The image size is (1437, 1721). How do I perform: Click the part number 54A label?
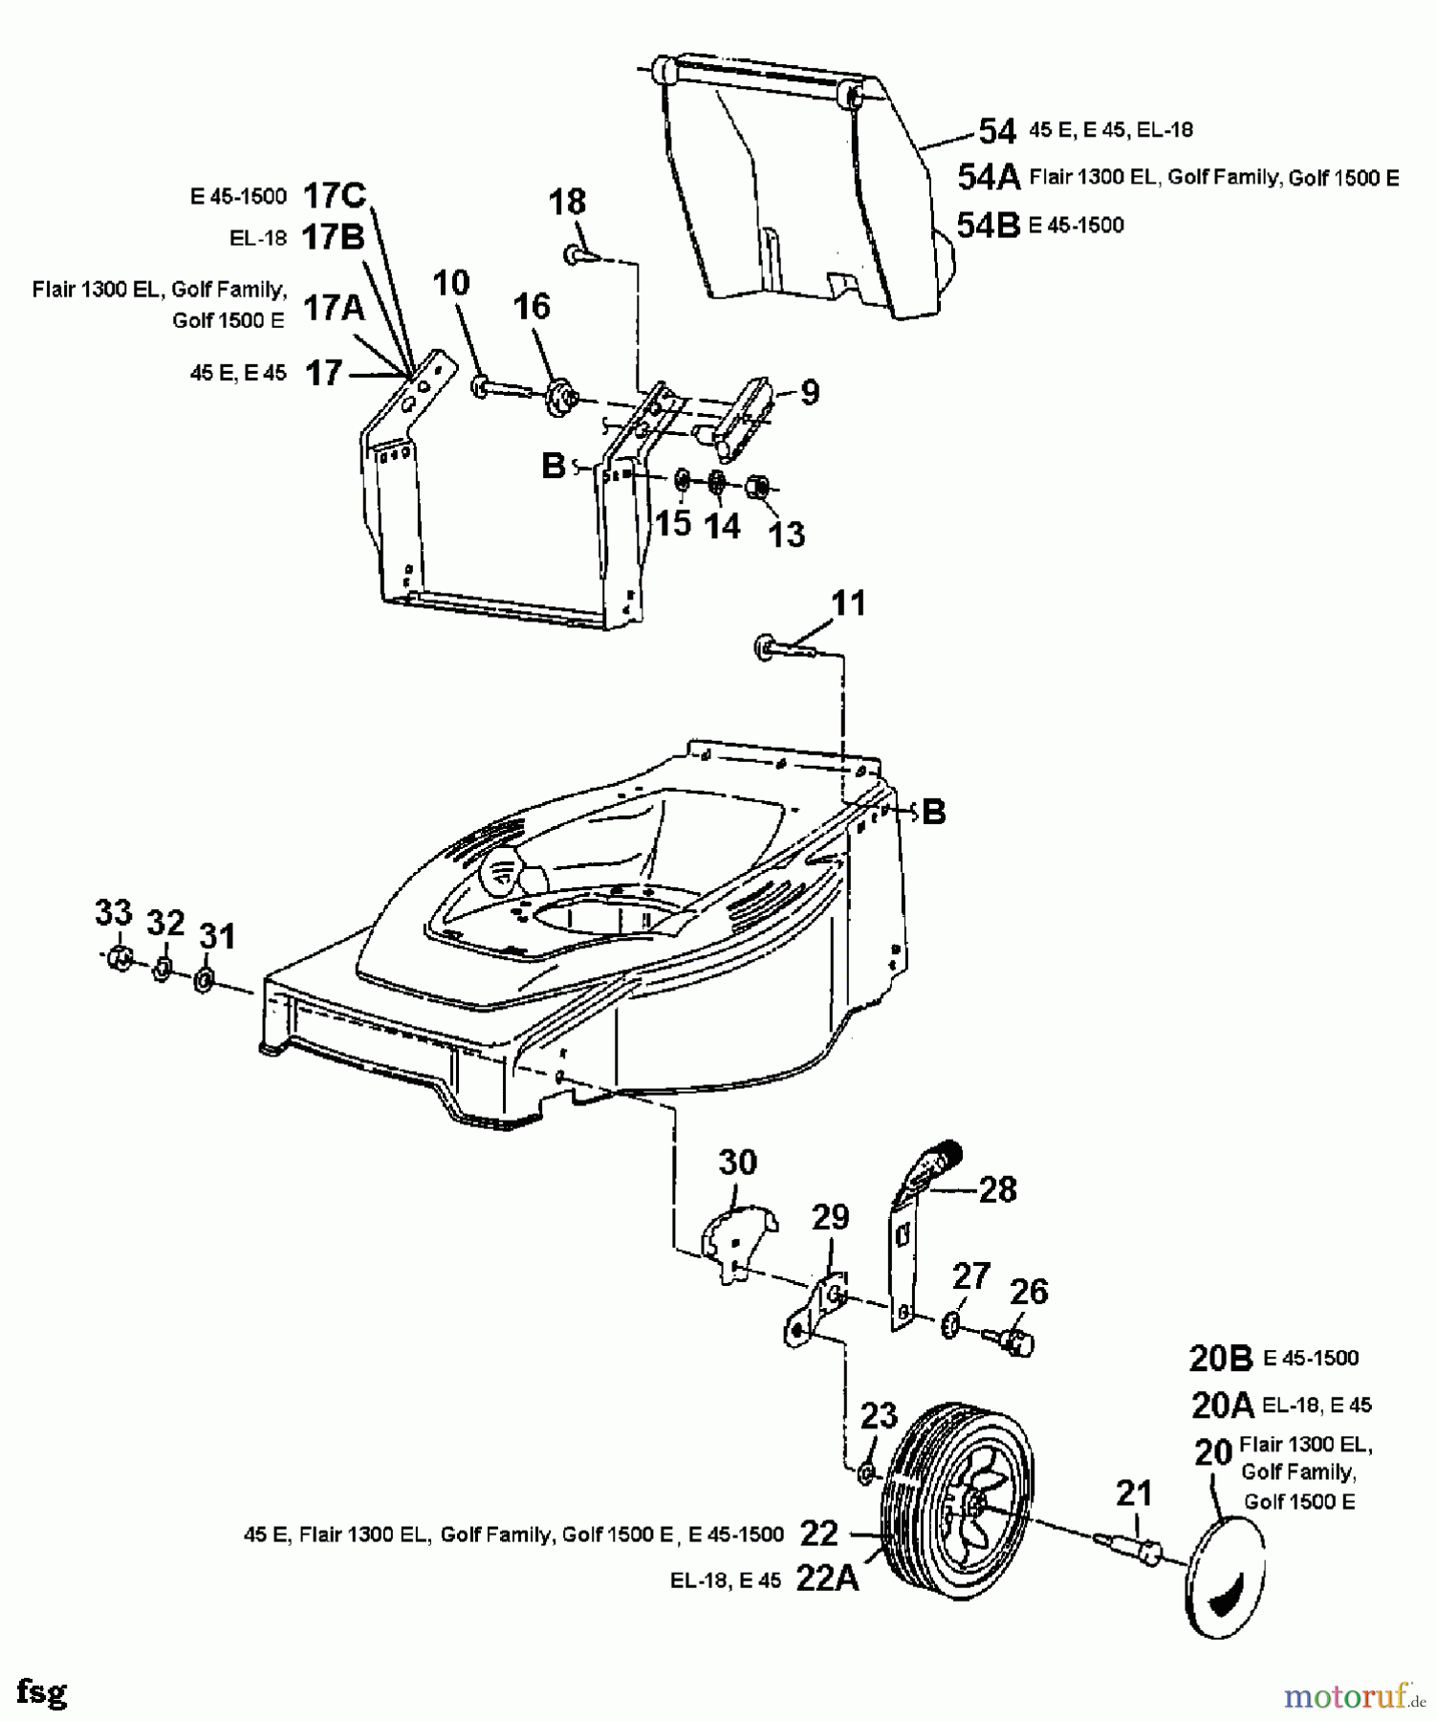coord(989,177)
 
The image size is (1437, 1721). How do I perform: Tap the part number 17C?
coord(335,196)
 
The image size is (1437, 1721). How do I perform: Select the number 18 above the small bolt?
coord(567,202)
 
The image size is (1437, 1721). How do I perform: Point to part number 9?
coord(810,392)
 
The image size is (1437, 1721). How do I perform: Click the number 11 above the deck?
coord(848,603)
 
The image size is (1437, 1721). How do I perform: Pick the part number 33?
coord(113,913)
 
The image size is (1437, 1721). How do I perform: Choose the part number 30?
coord(737,1163)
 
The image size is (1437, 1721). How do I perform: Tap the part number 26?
coord(1029,1291)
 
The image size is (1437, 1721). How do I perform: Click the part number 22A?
coord(827,1580)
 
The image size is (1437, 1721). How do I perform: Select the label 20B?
coord(1221,1358)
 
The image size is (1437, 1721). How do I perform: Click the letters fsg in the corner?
coord(42,1692)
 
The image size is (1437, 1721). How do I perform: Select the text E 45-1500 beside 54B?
coord(1076,226)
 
